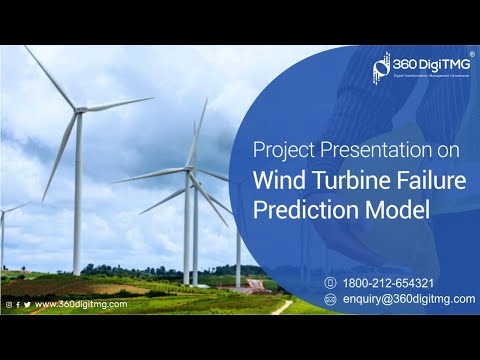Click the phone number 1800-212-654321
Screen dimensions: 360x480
pos(388,283)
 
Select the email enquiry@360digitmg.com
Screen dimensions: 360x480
pos(408,298)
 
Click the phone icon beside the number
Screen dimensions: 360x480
pos(330,283)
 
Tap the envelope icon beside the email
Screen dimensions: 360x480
pos(330,298)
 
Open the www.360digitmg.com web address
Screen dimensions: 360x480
pos(80,304)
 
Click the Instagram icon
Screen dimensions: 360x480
pos(9,304)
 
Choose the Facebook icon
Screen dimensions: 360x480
pos(18,304)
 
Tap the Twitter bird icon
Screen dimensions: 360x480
pos(27,304)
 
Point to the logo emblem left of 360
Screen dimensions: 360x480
pos(380,67)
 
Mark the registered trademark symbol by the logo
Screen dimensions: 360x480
pos(471,54)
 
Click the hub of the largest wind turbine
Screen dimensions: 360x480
pos(79,108)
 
